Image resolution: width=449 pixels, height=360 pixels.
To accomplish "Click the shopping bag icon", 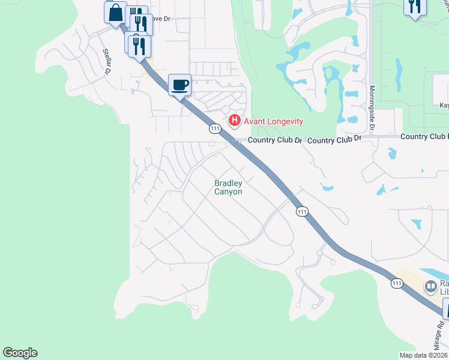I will tap(115, 12).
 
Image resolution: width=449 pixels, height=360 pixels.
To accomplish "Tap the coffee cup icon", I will tap(179, 85).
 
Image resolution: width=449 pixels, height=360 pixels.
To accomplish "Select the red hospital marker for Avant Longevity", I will tap(235, 121).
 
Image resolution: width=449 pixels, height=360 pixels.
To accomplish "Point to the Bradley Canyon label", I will tap(229, 187).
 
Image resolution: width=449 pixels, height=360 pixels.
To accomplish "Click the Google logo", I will tap(20, 353).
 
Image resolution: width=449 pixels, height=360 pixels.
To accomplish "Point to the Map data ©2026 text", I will tap(423, 355).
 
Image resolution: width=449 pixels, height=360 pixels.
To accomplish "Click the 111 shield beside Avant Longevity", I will tap(215, 128).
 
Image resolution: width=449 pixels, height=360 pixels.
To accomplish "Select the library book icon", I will tap(430, 287).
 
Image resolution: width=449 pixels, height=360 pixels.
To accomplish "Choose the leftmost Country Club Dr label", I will tap(273, 140).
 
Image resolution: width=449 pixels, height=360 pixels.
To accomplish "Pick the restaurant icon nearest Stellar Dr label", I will tap(139, 46).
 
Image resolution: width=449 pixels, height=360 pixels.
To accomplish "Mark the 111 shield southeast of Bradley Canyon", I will tap(302, 211).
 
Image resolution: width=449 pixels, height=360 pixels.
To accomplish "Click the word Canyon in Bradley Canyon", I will tap(229, 191).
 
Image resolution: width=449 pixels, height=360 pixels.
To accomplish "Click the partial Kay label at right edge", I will tap(444, 105).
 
